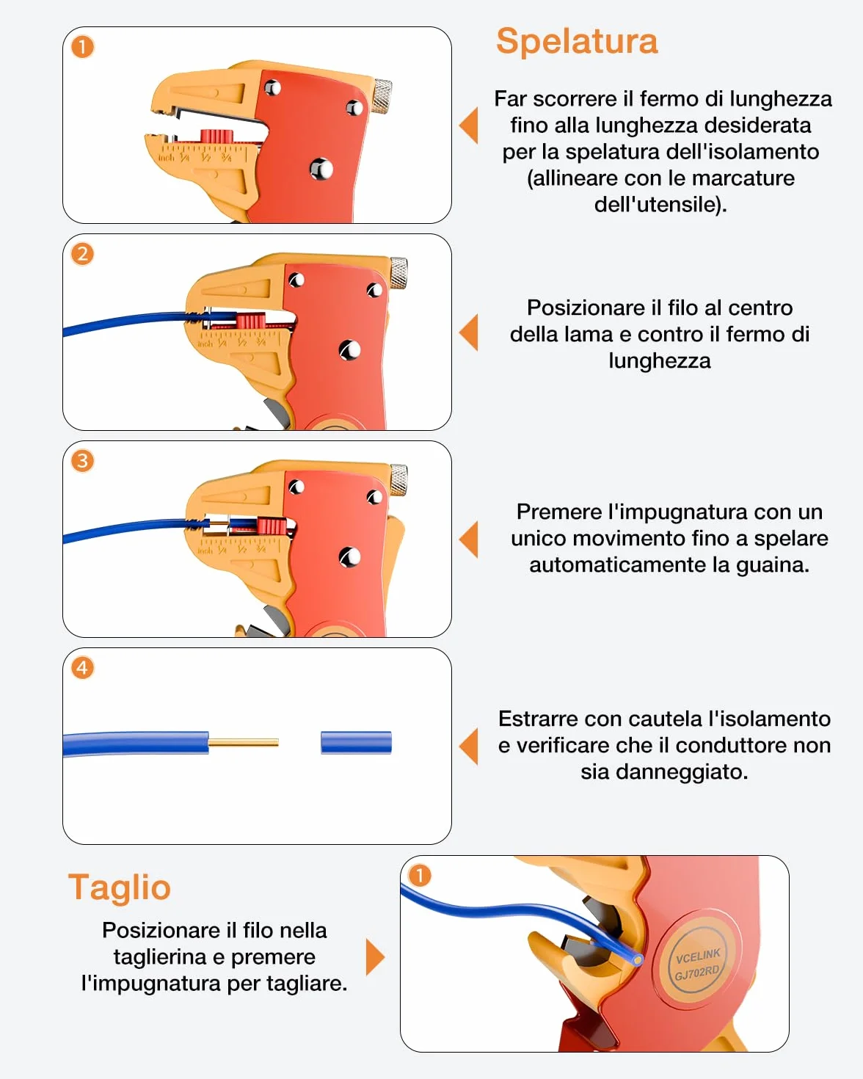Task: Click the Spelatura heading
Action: [577, 41]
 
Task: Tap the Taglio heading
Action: [120, 888]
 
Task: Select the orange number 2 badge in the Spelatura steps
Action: [82, 254]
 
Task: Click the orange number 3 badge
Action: [82, 461]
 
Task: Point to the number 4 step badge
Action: [82, 669]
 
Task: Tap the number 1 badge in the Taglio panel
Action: [420, 876]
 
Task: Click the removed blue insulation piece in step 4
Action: [356, 743]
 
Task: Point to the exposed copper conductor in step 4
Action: [243, 743]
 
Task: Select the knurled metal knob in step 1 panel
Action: [382, 95]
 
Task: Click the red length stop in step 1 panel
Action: [217, 137]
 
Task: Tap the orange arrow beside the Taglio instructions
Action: [375, 957]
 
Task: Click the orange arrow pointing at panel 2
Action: [468, 332]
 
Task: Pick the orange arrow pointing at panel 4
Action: [468, 746]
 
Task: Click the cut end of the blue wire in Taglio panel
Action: [638, 959]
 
